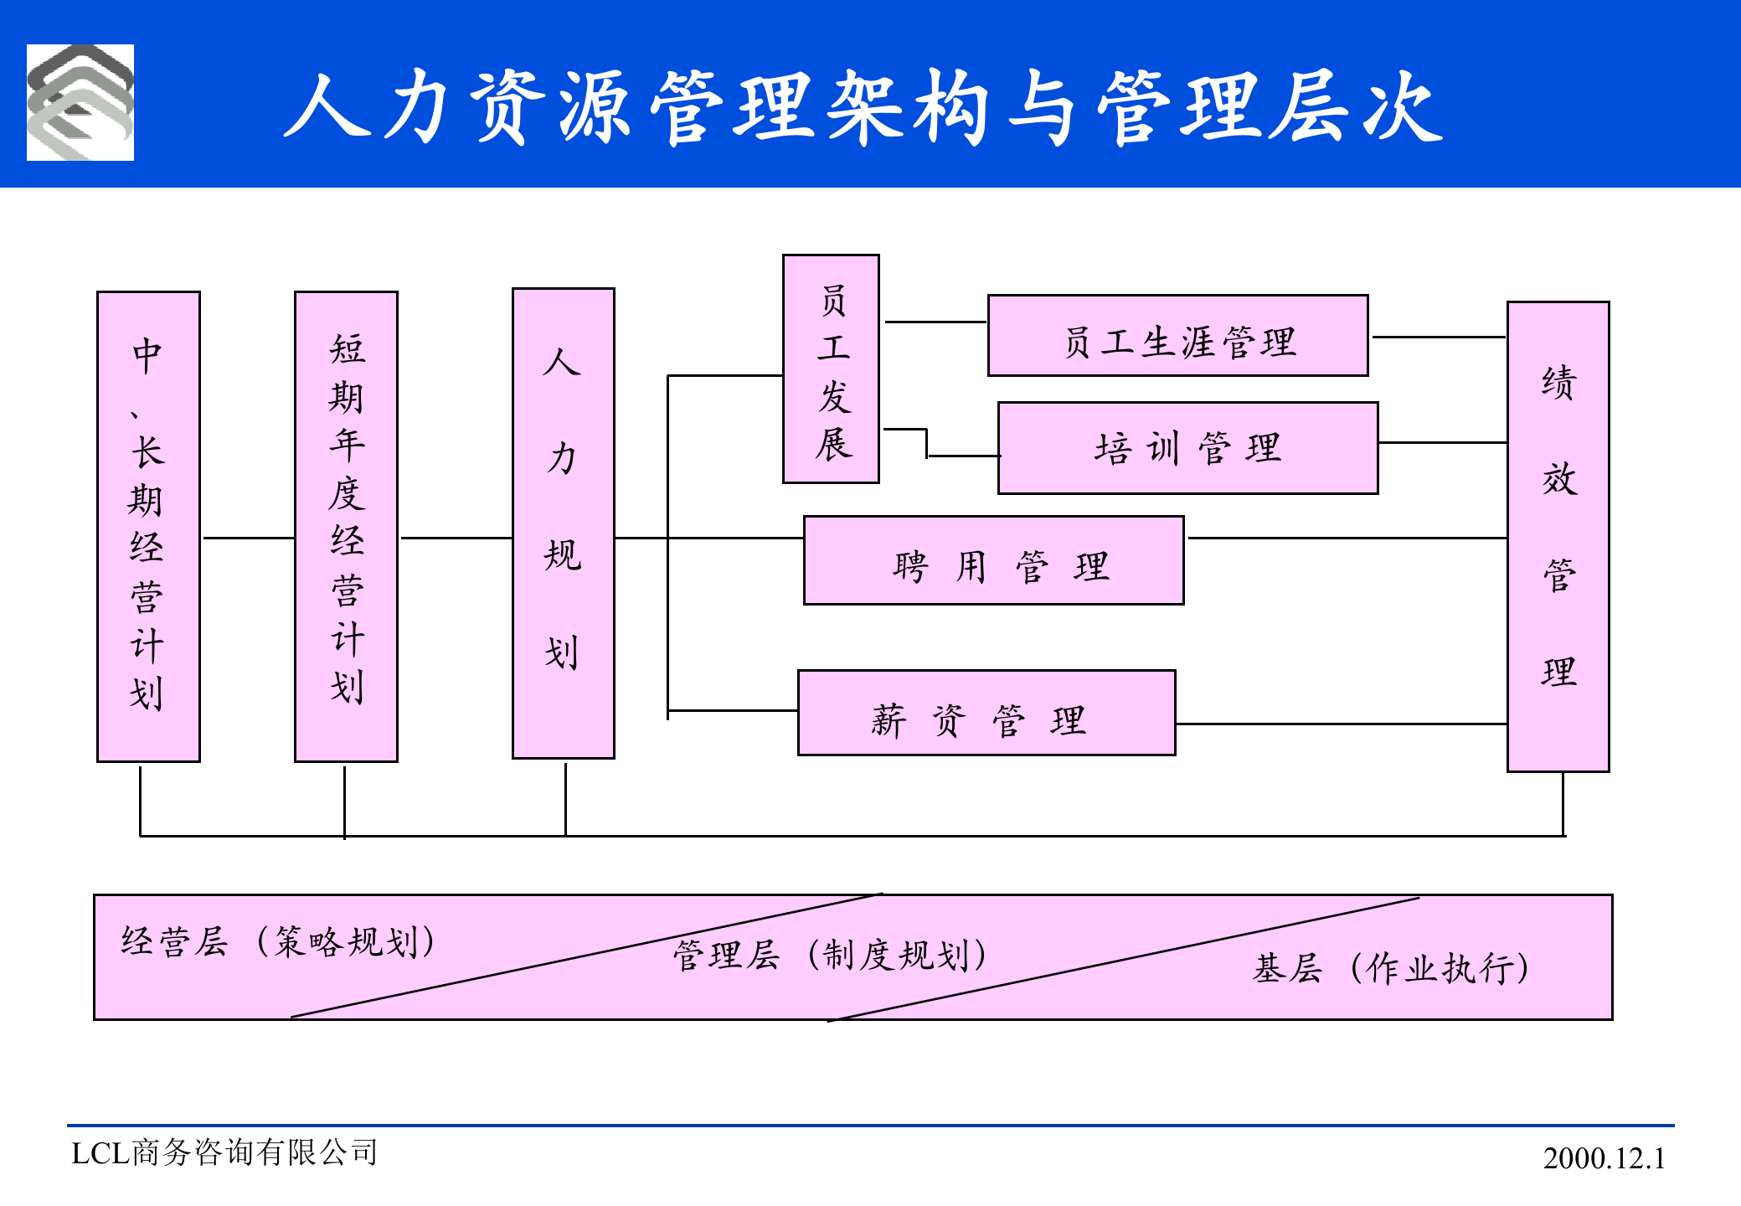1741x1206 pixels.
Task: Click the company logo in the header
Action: [x=80, y=102]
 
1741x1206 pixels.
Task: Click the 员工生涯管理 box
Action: [x=1177, y=336]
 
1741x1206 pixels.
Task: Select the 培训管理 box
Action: [x=1187, y=448]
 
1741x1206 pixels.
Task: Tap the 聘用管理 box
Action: [x=993, y=560]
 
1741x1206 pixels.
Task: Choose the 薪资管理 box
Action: [x=986, y=713]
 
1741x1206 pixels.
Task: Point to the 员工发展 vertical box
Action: [x=831, y=369]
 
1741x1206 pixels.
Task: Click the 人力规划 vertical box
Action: [x=564, y=523]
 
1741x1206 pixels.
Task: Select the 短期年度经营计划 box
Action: [x=346, y=527]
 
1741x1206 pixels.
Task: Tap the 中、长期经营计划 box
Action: [x=148, y=527]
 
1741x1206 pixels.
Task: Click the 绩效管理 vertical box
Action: [x=1558, y=536]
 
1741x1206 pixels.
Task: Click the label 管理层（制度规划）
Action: [x=830, y=956]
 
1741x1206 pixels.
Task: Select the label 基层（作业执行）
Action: [x=1391, y=969]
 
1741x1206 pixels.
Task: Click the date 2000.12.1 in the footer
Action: [x=1604, y=1158]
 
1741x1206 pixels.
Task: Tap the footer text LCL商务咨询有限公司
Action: [x=224, y=1153]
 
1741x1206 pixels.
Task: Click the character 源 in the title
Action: [x=594, y=107]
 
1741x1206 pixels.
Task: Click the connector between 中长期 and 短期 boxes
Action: [x=248, y=538]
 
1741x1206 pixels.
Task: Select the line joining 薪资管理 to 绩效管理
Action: [x=1340, y=724]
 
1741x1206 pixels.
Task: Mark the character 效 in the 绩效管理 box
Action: [x=1558, y=479]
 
